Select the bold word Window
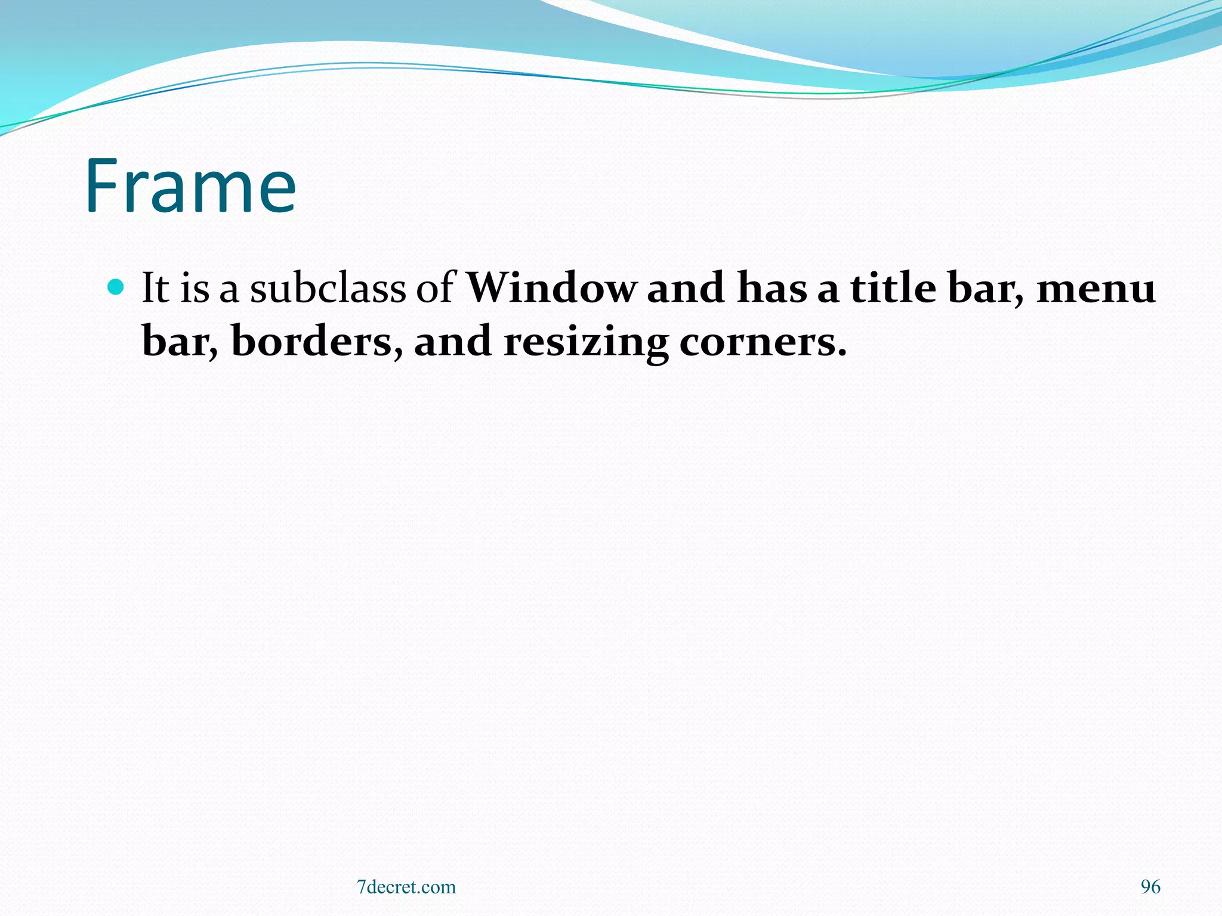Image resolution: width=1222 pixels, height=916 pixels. click(x=551, y=288)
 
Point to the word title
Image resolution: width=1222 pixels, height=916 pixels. click(x=893, y=288)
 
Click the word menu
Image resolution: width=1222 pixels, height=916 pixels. click(x=1097, y=289)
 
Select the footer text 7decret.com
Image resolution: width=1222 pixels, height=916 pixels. click(x=406, y=887)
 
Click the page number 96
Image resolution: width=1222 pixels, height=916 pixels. click(x=1150, y=887)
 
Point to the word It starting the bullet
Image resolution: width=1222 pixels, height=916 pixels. click(x=155, y=288)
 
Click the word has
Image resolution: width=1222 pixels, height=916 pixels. click(x=772, y=288)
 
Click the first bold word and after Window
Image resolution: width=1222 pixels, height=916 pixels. click(x=686, y=288)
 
